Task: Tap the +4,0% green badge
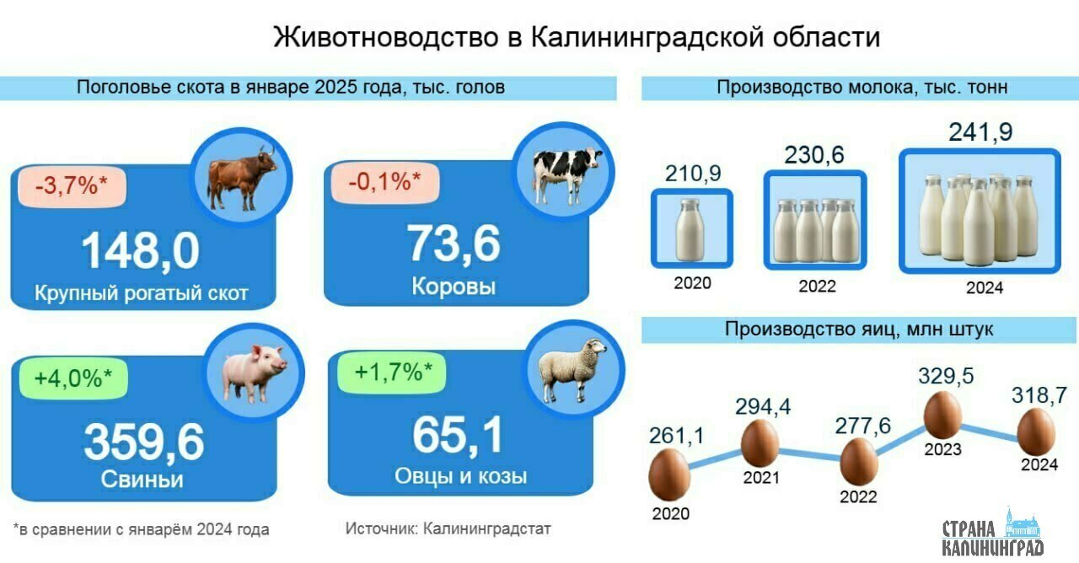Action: (x=73, y=378)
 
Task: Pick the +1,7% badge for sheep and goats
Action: (x=392, y=373)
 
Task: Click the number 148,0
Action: (x=140, y=250)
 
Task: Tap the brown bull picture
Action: (x=242, y=179)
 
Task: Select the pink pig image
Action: (x=255, y=373)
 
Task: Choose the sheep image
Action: (x=572, y=370)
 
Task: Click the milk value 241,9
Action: (x=980, y=132)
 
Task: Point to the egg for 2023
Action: (x=942, y=416)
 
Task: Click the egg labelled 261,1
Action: (x=669, y=475)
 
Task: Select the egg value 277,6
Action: (x=862, y=426)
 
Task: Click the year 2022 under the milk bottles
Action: (x=817, y=286)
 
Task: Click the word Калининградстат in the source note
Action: (x=486, y=528)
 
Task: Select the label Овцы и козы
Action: (x=460, y=476)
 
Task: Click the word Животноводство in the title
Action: (x=386, y=37)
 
